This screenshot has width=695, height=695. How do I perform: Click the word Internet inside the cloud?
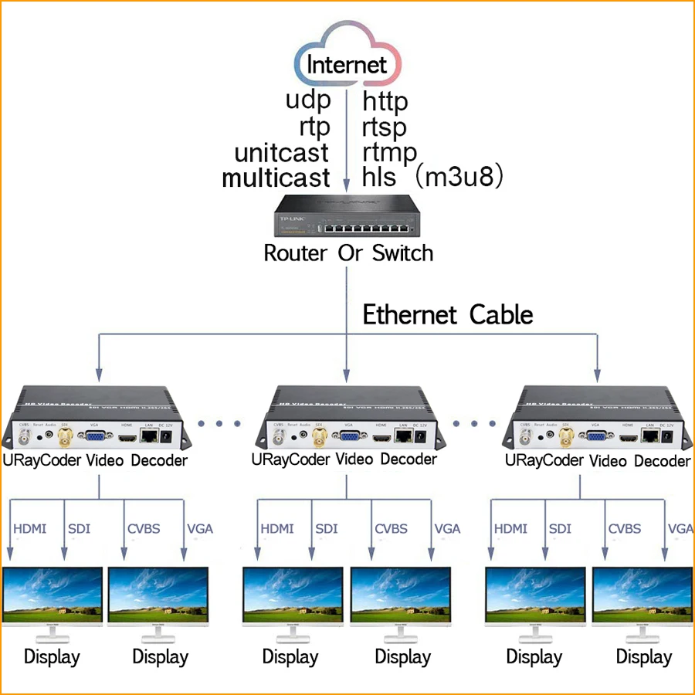pos(347,65)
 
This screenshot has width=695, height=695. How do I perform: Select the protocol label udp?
pos(308,100)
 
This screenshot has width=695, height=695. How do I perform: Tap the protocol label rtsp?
pos(385,127)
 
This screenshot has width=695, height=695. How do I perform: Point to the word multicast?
pos(276,178)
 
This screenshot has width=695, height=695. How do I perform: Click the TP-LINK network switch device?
pos(347,219)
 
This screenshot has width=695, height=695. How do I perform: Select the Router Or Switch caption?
pos(348,253)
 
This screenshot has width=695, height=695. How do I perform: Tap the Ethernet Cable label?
pos(448,315)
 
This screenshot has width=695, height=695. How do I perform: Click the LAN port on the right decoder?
pos(651,437)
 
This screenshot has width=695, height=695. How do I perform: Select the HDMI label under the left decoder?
pos(30,529)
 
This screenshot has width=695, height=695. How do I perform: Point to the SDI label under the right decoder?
pos(560,529)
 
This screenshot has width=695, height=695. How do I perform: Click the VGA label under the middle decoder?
pos(447,529)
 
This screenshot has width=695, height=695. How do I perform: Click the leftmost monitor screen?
pos(53,595)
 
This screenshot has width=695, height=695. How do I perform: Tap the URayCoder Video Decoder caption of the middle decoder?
pos(344,459)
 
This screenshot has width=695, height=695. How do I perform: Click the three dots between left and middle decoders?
pos(221,423)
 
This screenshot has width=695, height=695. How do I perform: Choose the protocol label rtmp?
pos(389,152)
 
